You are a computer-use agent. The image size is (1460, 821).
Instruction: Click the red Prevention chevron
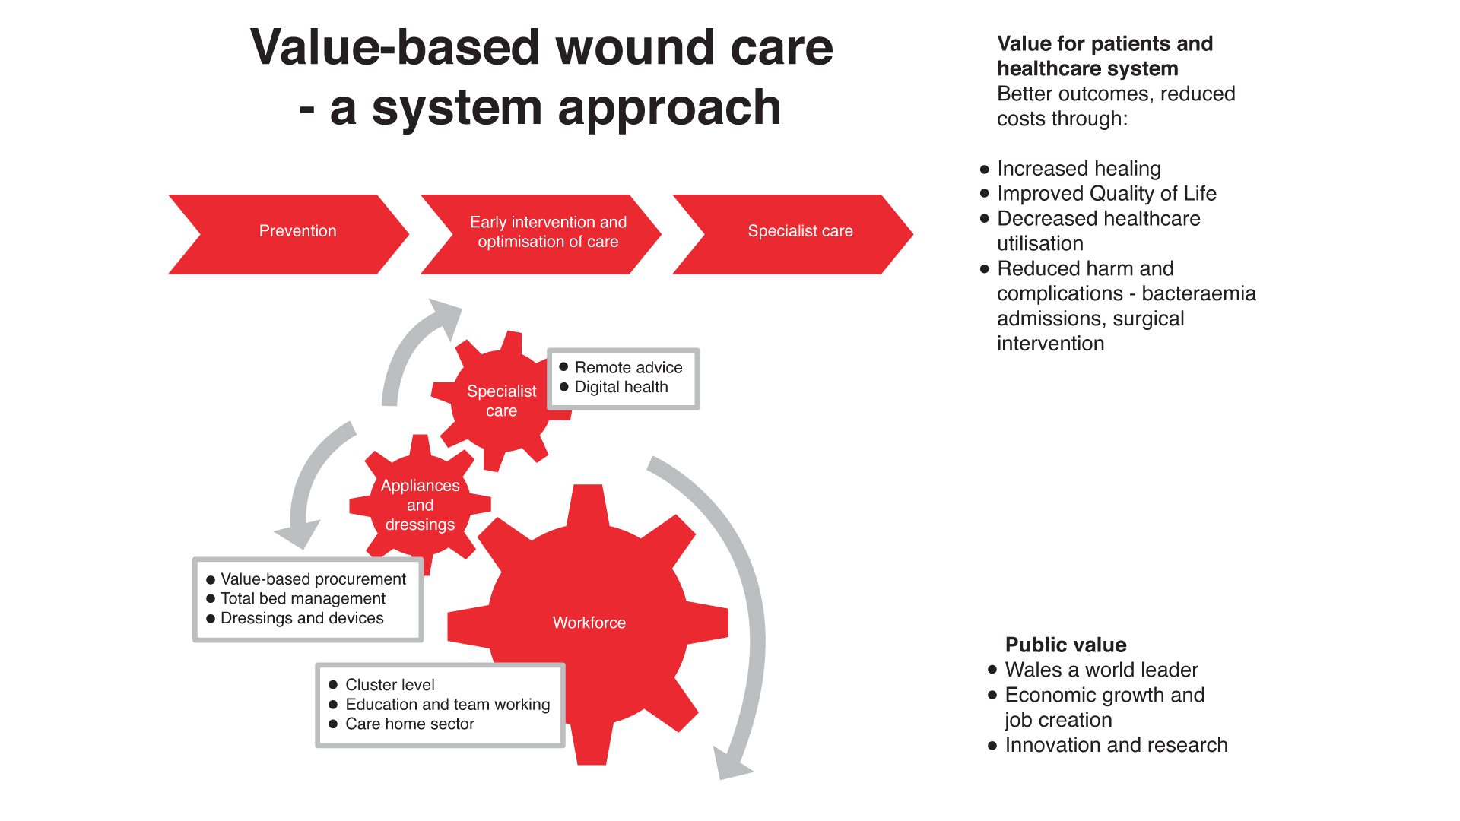[297, 231]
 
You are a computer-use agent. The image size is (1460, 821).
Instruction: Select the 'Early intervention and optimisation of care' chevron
[547, 232]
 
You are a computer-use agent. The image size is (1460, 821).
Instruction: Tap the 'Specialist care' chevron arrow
[800, 231]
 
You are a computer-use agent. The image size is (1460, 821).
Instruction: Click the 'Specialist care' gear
[501, 401]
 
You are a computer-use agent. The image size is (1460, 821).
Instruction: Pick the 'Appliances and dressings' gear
[420, 505]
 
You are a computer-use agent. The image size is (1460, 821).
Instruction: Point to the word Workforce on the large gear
[589, 623]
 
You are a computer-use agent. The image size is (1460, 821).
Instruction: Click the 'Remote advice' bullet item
[628, 367]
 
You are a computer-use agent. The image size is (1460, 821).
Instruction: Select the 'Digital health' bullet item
[620, 387]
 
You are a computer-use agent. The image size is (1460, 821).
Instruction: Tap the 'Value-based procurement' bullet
[313, 579]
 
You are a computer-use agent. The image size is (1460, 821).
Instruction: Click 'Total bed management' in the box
[303, 599]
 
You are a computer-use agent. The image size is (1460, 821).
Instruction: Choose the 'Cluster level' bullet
[389, 685]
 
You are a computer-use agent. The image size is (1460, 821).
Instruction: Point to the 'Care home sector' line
[409, 724]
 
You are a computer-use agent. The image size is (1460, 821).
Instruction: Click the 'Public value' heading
[1065, 645]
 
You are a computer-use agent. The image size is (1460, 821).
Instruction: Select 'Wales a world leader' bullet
[1100, 670]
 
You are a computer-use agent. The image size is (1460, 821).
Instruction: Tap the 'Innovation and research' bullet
[1116, 745]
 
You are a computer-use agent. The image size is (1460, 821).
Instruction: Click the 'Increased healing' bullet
[1078, 168]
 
